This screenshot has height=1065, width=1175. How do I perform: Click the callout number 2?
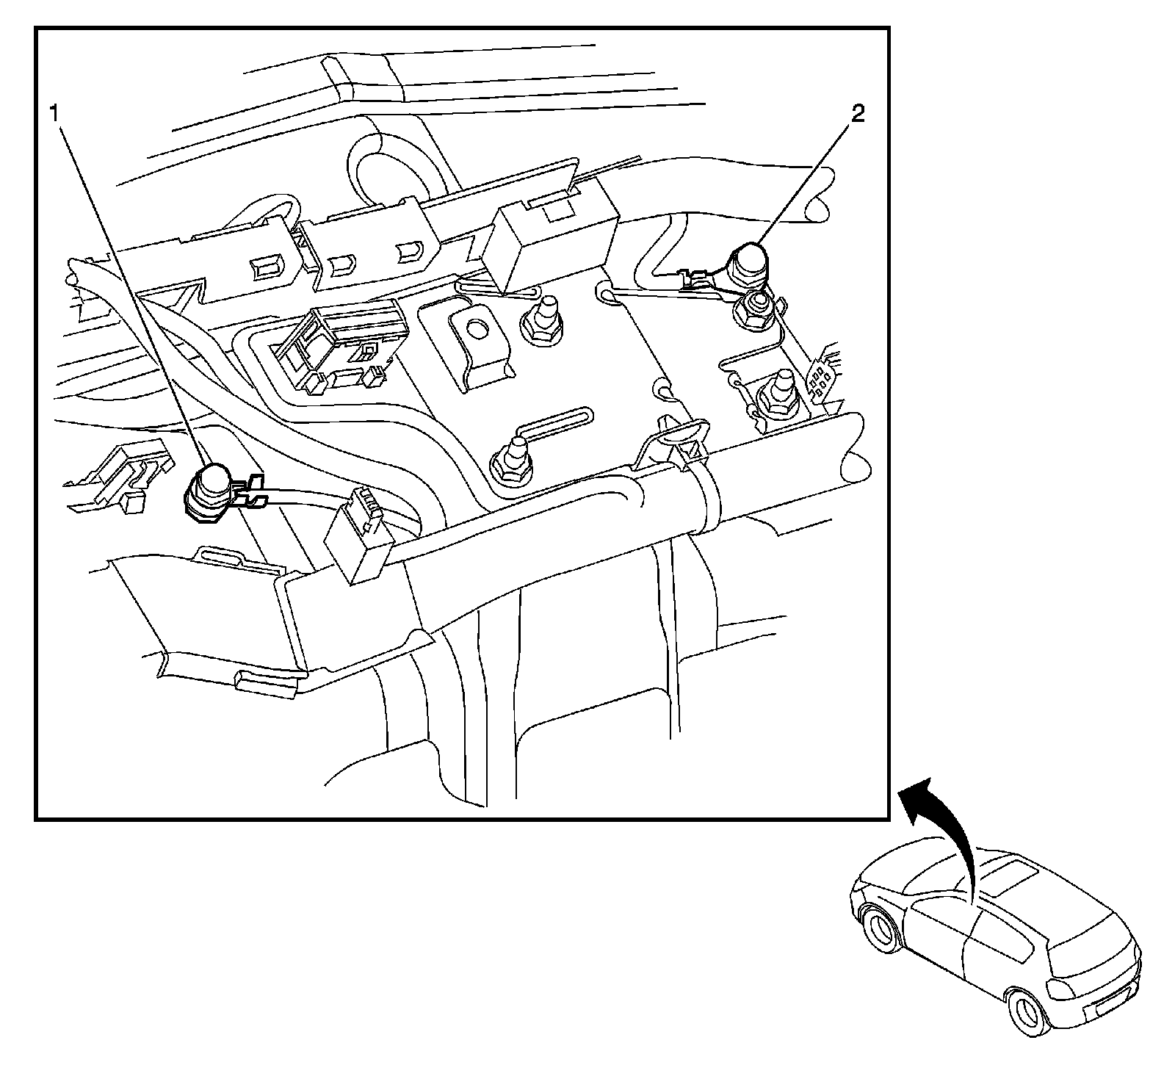tap(858, 115)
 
